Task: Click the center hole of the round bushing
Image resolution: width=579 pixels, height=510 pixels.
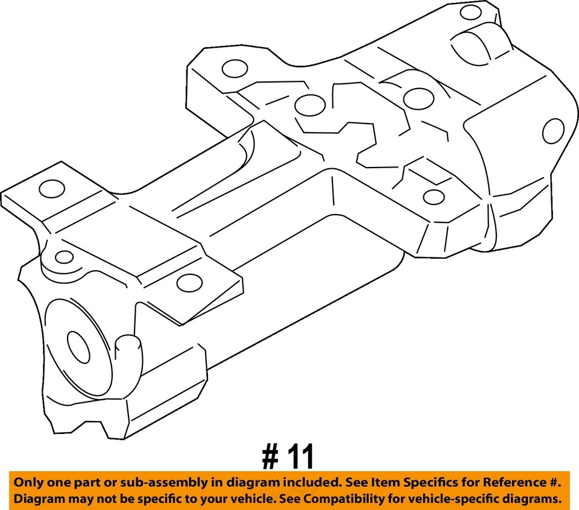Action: point(78,348)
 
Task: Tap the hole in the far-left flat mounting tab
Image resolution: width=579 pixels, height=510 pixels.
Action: point(51,189)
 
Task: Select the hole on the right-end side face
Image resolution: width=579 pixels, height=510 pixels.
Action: point(552,131)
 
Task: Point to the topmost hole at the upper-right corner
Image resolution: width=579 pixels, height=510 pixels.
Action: point(470,13)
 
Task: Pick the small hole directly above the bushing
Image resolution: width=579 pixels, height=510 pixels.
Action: point(64,257)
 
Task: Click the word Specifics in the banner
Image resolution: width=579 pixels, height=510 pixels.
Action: point(417,483)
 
